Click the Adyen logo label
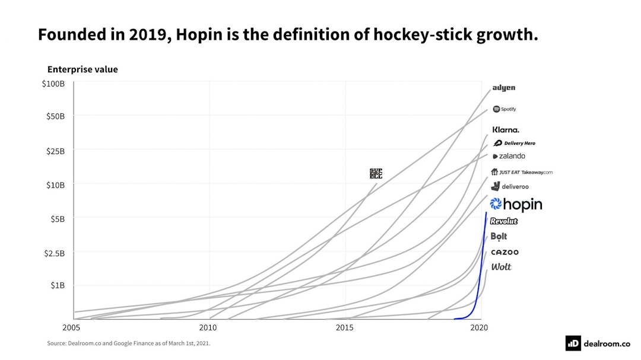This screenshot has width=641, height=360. [x=504, y=88]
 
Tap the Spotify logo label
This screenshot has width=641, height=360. [x=504, y=109]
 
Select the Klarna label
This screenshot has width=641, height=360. [x=506, y=130]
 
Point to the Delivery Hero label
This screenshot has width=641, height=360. [x=515, y=143]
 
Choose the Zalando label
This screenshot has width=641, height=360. [x=509, y=156]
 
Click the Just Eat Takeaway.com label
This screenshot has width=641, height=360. [x=522, y=172]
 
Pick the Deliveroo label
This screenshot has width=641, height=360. [x=510, y=186]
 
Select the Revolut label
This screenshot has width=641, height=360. [x=504, y=221]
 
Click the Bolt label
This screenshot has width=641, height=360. [x=499, y=236]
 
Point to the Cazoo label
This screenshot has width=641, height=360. [x=504, y=252]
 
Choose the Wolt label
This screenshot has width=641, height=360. [x=501, y=267]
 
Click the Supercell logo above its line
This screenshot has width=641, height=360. [x=376, y=173]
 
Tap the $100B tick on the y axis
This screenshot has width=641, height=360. [x=53, y=84]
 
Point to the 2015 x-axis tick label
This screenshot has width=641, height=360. [x=345, y=327]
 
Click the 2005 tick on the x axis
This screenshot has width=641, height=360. [x=71, y=327]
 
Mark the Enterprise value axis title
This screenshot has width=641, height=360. [x=82, y=69]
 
